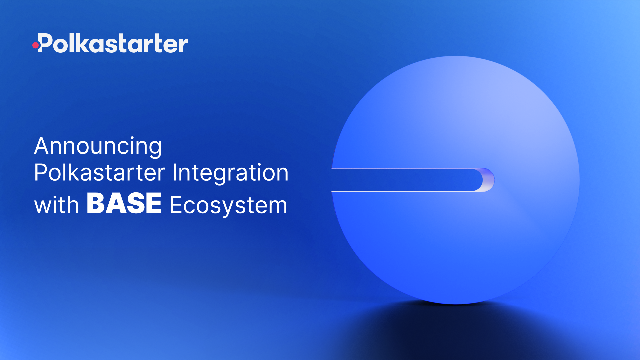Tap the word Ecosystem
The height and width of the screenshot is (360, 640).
(x=228, y=205)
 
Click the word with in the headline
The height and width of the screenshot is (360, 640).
(x=56, y=205)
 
